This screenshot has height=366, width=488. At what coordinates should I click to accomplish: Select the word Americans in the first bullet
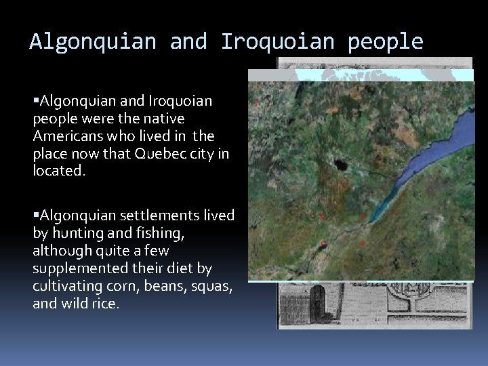click(64, 136)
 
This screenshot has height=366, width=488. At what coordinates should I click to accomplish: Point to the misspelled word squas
click(212, 286)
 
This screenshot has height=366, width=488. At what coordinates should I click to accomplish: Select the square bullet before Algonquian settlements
click(36, 216)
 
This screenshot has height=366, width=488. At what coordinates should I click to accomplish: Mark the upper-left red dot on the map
click(322, 217)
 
